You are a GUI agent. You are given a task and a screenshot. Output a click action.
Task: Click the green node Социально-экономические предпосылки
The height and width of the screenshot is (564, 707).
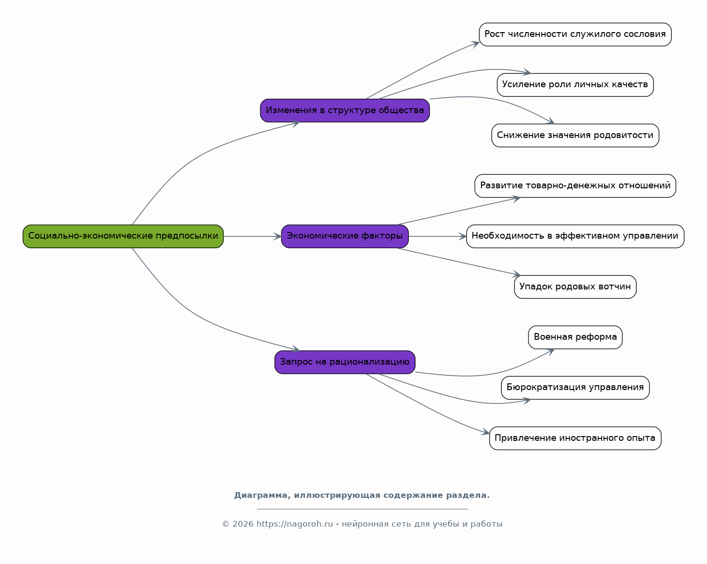point(123,236)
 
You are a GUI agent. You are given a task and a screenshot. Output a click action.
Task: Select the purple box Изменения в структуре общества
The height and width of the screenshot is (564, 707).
point(345,111)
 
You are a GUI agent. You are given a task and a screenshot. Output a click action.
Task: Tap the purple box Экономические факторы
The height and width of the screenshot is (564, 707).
point(345,236)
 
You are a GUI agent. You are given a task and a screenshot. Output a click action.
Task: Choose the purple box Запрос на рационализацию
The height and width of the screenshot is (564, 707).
point(345,362)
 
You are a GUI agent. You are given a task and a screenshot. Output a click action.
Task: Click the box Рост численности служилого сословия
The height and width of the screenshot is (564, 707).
point(575,35)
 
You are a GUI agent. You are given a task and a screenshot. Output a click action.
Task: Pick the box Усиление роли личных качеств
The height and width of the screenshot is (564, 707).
point(575,85)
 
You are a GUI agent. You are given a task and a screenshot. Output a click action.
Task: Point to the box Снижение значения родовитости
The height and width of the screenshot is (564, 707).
point(575,135)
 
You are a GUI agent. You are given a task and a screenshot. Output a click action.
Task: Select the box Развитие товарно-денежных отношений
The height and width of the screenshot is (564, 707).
point(575,186)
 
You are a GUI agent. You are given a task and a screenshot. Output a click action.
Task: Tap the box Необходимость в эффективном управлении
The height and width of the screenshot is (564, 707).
point(575,236)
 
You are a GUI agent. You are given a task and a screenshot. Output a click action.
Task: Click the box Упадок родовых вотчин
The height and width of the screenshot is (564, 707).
point(575,287)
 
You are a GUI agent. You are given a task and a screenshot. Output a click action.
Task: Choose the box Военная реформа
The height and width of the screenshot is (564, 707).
point(575,337)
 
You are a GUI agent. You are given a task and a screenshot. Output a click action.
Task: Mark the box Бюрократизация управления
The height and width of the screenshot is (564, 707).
point(575,388)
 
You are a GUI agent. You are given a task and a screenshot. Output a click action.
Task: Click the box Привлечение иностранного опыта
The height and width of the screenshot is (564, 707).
point(575,438)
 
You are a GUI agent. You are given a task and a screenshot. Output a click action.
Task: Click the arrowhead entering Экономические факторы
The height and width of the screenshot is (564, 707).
point(278,236)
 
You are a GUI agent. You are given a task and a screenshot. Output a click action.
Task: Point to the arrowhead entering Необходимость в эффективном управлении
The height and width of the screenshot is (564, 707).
point(463,236)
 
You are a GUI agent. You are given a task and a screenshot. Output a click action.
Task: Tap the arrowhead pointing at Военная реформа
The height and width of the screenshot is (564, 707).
point(551,352)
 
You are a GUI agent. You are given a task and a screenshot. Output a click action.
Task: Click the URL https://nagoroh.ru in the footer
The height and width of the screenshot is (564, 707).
point(294,524)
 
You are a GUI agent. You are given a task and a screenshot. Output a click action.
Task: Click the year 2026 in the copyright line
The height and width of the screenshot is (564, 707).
point(243,524)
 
